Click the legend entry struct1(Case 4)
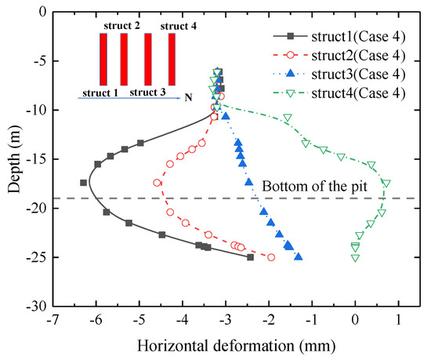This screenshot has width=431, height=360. click(353, 35)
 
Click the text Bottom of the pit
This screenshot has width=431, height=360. click(309, 187)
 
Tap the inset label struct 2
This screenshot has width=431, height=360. click(121, 27)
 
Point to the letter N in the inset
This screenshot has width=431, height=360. click(188, 96)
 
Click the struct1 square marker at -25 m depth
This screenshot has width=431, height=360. click(251, 257)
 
